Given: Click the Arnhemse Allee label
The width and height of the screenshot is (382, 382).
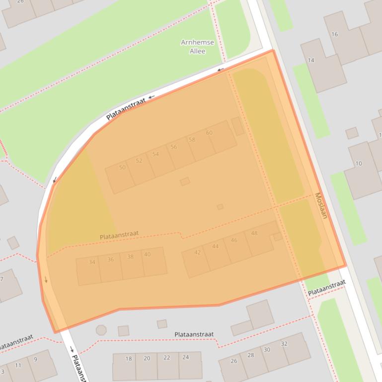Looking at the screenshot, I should (197, 47).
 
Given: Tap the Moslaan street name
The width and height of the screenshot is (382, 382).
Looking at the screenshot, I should (321, 205).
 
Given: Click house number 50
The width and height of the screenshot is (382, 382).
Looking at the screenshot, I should (122, 168).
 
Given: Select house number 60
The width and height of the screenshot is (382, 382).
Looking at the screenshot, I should (209, 133).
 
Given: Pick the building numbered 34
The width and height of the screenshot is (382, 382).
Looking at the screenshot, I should (92, 262).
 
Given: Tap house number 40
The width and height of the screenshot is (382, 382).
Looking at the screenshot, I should (147, 255).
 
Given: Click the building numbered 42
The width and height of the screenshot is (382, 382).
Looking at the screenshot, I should (198, 253).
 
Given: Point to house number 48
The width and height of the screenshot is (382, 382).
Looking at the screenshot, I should (254, 233).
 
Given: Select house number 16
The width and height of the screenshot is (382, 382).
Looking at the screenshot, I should (335, 34).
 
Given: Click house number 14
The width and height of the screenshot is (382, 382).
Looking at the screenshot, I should (311, 61).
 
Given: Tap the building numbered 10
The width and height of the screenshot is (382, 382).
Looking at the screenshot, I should (359, 163).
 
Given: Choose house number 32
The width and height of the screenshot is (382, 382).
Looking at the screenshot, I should (284, 344).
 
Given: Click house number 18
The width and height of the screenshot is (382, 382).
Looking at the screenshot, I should (129, 359).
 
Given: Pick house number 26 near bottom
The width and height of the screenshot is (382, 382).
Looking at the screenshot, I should (234, 361).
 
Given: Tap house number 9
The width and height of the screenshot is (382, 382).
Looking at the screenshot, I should (36, 360).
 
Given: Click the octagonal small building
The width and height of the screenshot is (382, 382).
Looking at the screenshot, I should (101, 330).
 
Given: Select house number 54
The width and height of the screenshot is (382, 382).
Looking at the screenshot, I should (155, 154).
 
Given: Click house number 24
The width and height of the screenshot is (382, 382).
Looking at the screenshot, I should (185, 357).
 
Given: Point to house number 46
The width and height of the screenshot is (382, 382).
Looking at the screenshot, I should (234, 240).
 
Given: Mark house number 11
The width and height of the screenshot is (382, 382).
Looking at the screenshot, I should (18, 366).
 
